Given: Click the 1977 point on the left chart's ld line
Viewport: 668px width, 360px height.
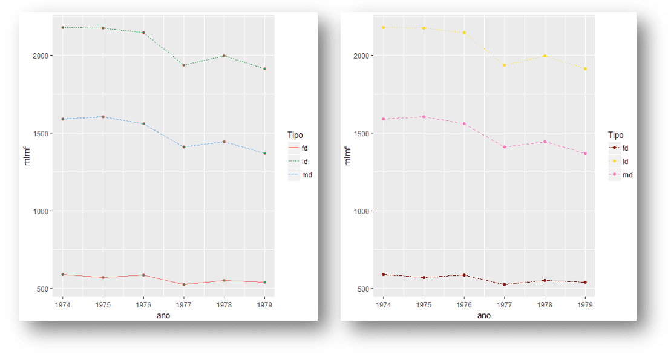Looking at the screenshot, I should (183, 65).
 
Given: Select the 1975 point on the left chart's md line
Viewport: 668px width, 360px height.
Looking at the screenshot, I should (103, 117).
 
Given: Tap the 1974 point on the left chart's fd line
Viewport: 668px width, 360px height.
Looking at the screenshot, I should (62, 275).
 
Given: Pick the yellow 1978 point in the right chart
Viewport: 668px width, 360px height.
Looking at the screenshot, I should (545, 56).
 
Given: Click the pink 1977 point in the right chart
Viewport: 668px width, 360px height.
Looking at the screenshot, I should (504, 147).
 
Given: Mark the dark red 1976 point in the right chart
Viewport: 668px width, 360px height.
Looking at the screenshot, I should (463, 275).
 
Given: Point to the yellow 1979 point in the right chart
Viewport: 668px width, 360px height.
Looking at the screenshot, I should (585, 69).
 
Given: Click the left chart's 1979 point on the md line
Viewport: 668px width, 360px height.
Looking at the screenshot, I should (264, 154).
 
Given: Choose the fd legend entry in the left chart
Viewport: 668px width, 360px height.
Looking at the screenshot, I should (301, 148).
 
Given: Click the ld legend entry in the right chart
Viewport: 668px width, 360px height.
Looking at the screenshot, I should (621, 162).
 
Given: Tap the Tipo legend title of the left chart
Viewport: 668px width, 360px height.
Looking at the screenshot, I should (295, 135).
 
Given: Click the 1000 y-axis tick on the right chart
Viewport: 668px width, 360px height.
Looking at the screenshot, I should (361, 211).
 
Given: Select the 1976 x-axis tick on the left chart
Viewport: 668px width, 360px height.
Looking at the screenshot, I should (143, 304).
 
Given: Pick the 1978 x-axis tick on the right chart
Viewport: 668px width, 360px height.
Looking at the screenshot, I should (545, 304).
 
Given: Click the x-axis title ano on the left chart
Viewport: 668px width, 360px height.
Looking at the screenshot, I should (163, 315).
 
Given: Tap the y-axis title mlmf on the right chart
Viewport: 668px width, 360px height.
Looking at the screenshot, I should (347, 155).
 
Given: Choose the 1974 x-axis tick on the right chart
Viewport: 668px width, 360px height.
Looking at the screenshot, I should (383, 304).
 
